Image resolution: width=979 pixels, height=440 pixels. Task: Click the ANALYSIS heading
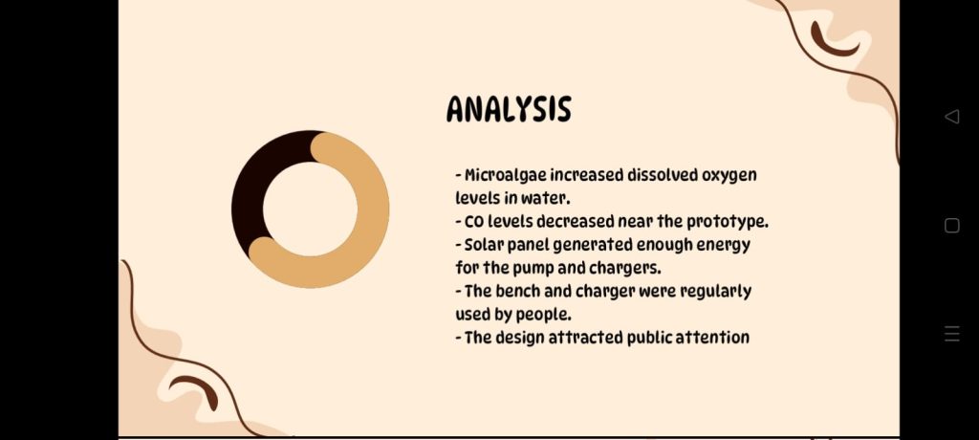(x=509, y=109)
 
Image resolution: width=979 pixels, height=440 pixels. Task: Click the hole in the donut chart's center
(x=311, y=209)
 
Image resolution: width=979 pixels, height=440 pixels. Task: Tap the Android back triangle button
(x=951, y=117)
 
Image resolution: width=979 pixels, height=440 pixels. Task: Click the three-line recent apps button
(x=951, y=334)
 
